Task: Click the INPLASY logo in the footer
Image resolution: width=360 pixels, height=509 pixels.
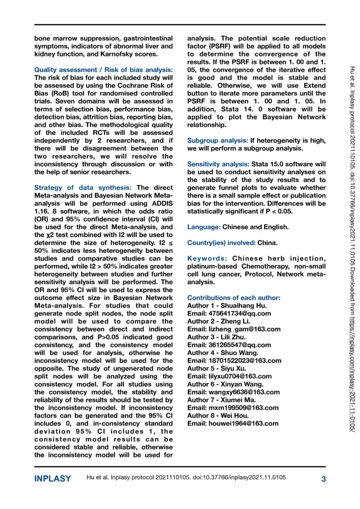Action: pyautogui.click(x=52, y=479)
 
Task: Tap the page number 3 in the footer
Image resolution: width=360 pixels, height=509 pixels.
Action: pyautogui.click(x=323, y=479)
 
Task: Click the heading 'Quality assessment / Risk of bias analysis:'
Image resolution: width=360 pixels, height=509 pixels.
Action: pyautogui.click(x=104, y=69)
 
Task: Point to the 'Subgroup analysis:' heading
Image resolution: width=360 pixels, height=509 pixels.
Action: pyautogui.click(x=217, y=140)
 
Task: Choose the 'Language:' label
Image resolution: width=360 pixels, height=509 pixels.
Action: pyautogui.click(x=204, y=227)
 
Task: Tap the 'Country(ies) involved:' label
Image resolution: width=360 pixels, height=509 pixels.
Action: pyautogui.click(x=221, y=243)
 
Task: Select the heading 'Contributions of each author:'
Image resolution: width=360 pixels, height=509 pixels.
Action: pyautogui.click(x=233, y=298)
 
